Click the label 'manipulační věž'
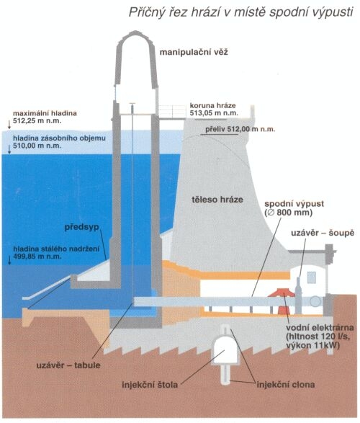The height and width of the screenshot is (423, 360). [194, 52]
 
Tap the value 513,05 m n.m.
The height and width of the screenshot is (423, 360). [214, 113]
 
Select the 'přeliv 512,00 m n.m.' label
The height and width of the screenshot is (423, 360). [240, 129]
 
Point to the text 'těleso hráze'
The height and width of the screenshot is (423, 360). [217, 200]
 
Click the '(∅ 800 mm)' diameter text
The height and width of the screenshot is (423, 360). [289, 213]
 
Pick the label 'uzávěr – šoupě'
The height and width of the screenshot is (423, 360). [323, 233]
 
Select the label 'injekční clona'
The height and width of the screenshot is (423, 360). [286, 384]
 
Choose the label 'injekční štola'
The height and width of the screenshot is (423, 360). [150, 384]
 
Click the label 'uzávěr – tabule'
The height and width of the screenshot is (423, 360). [68, 365]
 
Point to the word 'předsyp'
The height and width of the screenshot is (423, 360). [81, 227]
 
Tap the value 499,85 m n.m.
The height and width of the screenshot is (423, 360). [37, 256]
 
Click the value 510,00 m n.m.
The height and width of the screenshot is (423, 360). [37, 146]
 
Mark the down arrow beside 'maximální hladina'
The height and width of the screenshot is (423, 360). [9, 124]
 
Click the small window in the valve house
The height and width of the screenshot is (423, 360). [312, 277]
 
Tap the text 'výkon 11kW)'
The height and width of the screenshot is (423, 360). [312, 345]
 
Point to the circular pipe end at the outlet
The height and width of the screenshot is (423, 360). [315, 301]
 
